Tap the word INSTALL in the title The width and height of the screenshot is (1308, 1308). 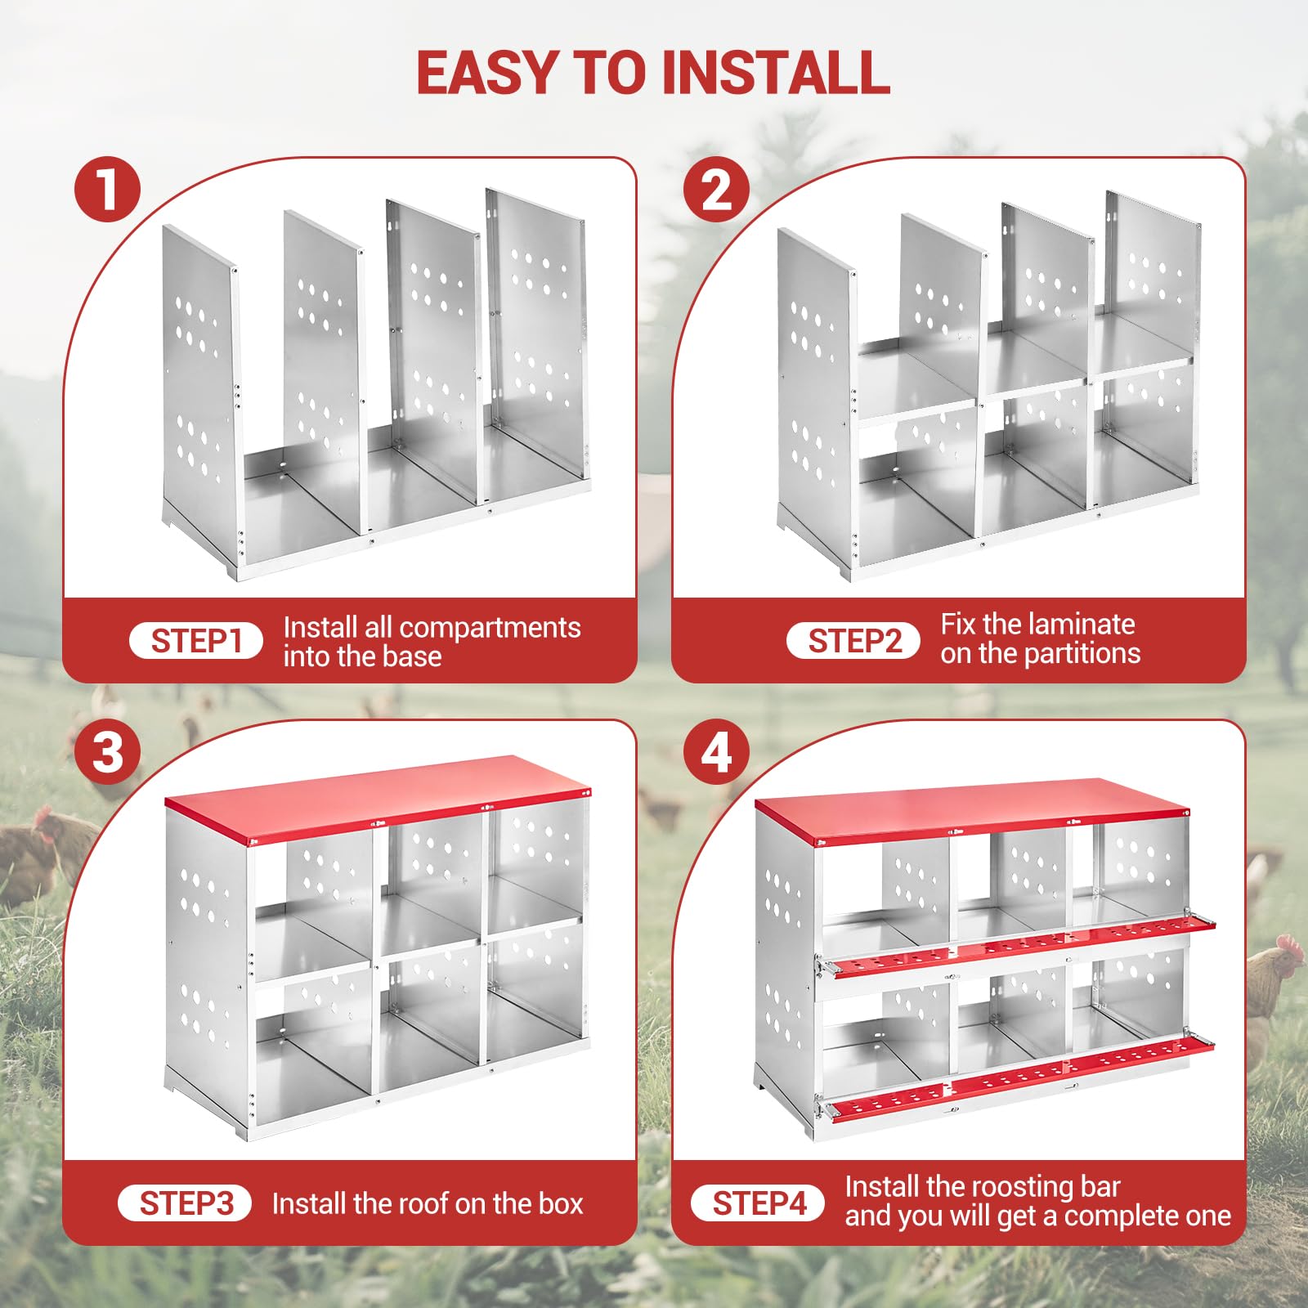(x=776, y=73)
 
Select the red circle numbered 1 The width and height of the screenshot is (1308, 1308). (x=107, y=189)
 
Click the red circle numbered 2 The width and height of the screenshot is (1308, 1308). (x=717, y=189)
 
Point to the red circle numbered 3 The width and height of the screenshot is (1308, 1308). (x=107, y=751)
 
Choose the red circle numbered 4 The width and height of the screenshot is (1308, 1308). (x=717, y=751)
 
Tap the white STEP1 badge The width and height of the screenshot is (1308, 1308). (x=196, y=641)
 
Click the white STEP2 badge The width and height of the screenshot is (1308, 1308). (x=853, y=641)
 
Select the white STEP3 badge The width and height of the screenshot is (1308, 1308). (x=185, y=1203)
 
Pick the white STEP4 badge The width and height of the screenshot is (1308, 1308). (x=758, y=1203)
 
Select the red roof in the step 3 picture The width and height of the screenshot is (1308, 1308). (x=378, y=798)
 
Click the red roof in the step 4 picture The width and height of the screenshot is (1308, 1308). (x=971, y=813)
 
